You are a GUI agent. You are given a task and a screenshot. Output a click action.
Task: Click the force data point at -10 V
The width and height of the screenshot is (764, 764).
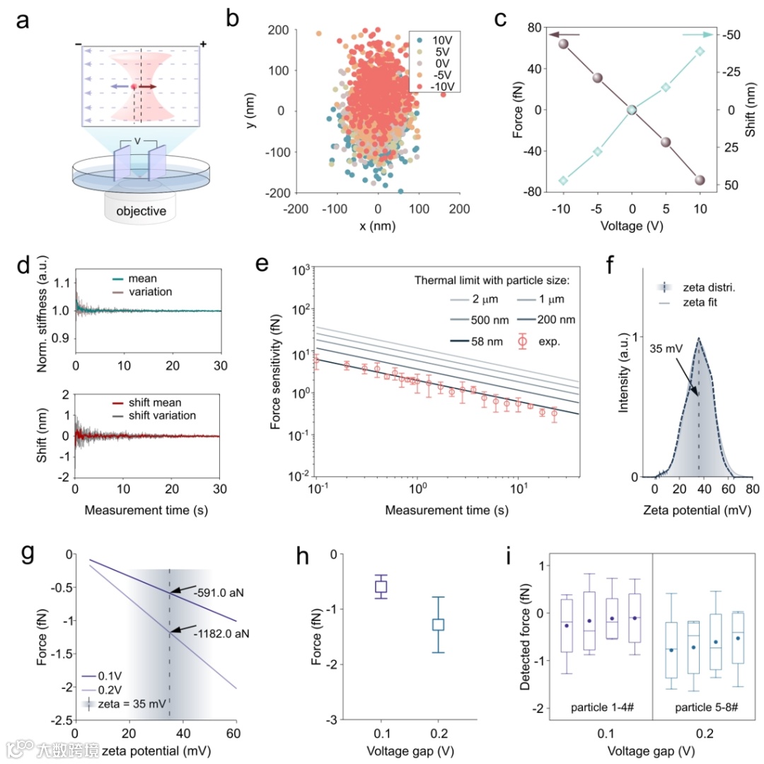point(564,44)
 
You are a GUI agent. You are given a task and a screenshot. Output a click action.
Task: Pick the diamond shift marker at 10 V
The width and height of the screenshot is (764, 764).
point(700,51)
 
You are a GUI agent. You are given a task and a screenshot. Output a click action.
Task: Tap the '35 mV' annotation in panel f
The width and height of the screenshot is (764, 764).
point(663,348)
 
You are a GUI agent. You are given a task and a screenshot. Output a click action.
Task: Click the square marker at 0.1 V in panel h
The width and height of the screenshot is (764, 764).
point(381,586)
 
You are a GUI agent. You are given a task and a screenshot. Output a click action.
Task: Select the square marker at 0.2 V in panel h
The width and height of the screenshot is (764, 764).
point(439,624)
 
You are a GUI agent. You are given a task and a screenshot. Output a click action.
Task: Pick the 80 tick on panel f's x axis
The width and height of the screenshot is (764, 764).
point(753,490)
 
